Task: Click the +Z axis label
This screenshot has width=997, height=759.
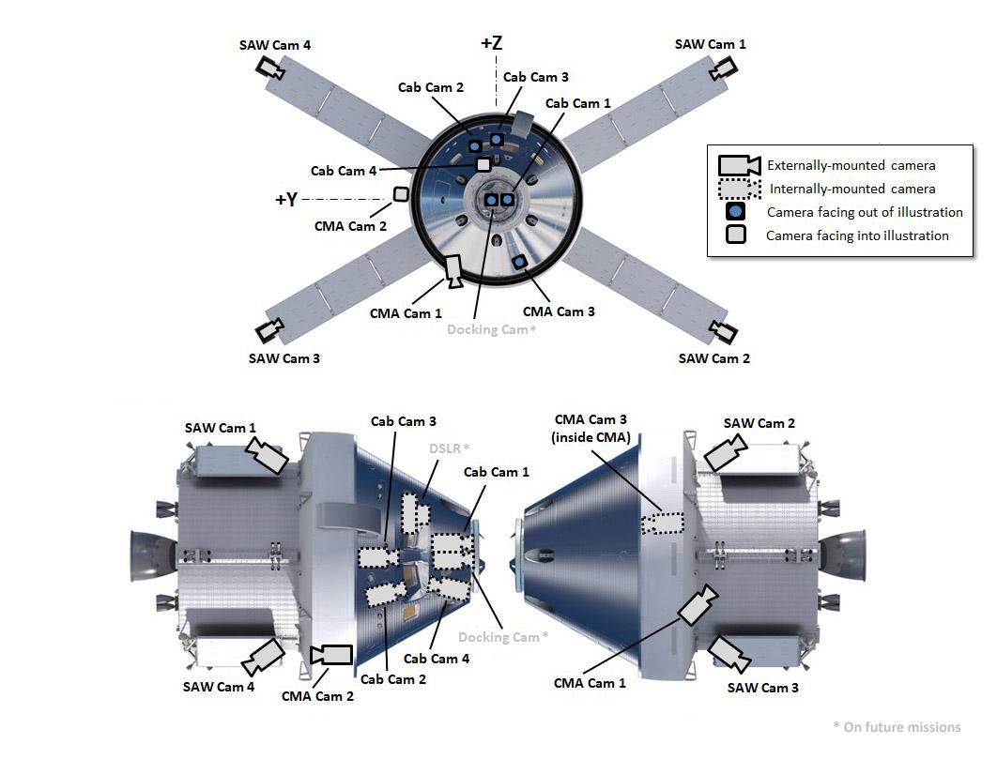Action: pyautogui.click(x=491, y=44)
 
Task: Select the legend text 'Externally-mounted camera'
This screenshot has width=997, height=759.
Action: pyautogui.click(x=851, y=165)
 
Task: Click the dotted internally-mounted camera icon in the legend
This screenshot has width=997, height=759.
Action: pyautogui.click(x=739, y=189)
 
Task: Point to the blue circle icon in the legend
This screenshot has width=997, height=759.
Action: pyautogui.click(x=736, y=212)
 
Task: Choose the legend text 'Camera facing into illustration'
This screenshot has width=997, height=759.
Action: pyautogui.click(x=857, y=235)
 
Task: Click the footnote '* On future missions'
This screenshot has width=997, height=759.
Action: pyautogui.click(x=897, y=726)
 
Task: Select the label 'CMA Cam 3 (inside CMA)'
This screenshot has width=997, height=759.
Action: pyautogui.click(x=592, y=428)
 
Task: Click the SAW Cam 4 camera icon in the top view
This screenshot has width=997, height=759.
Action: pyautogui.click(x=270, y=68)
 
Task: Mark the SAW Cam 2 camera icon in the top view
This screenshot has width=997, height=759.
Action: pyautogui.click(x=723, y=331)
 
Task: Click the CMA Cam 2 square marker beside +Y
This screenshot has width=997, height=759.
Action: pyautogui.click(x=401, y=194)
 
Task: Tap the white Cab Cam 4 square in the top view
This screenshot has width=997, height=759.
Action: pyautogui.click(x=483, y=164)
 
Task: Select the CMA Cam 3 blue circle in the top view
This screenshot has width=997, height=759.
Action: pyautogui.click(x=518, y=261)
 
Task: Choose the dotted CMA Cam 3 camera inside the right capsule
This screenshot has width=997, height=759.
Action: pyautogui.click(x=663, y=523)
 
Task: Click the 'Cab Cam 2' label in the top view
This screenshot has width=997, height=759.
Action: pyautogui.click(x=431, y=87)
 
